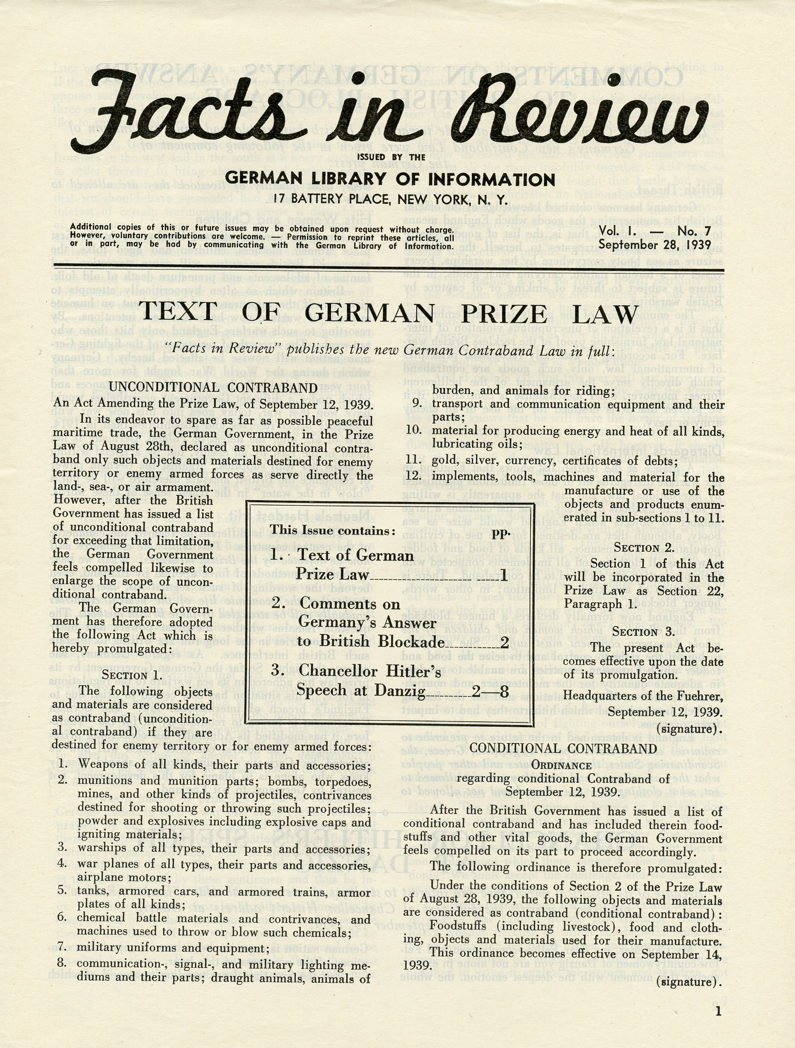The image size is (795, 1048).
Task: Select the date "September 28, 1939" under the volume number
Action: [x=655, y=245]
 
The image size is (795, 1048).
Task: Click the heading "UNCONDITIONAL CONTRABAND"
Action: [x=213, y=387]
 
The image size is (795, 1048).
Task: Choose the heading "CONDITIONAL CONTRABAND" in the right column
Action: [x=563, y=749]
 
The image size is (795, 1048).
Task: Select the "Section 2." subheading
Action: [x=644, y=548]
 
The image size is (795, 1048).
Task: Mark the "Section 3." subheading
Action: [x=644, y=631]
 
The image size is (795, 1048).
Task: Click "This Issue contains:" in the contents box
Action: [x=332, y=530]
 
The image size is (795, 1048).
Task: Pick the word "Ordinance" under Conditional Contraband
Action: [x=561, y=765]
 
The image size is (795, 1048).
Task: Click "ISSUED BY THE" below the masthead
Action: [x=391, y=157]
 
